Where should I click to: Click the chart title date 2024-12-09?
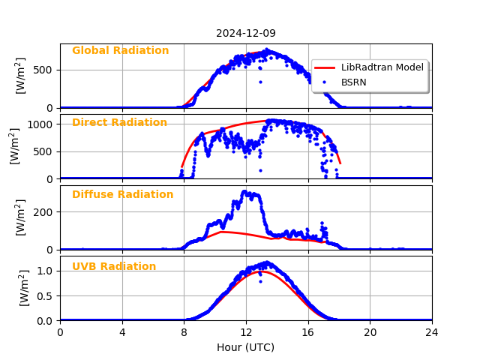[246, 33]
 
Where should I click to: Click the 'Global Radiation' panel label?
[120, 51]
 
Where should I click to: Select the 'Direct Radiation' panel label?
[119, 123]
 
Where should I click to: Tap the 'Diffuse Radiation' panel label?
[122, 195]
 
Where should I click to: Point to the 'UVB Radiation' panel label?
[114, 267]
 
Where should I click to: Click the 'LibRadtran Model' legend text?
[382, 67]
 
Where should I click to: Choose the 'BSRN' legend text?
[354, 82]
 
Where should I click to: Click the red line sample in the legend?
[324, 67]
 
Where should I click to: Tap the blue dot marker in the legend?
[324, 82]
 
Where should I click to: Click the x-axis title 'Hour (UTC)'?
[246, 348]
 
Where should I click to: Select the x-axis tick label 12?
[246, 333]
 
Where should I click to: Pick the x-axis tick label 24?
[432, 333]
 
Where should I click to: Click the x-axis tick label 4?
[122, 333]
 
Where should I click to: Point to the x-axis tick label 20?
[370, 333]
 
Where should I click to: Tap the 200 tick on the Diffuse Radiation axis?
[46, 212]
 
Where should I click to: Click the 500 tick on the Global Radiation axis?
[46, 70]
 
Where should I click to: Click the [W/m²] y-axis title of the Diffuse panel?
[21, 217]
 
